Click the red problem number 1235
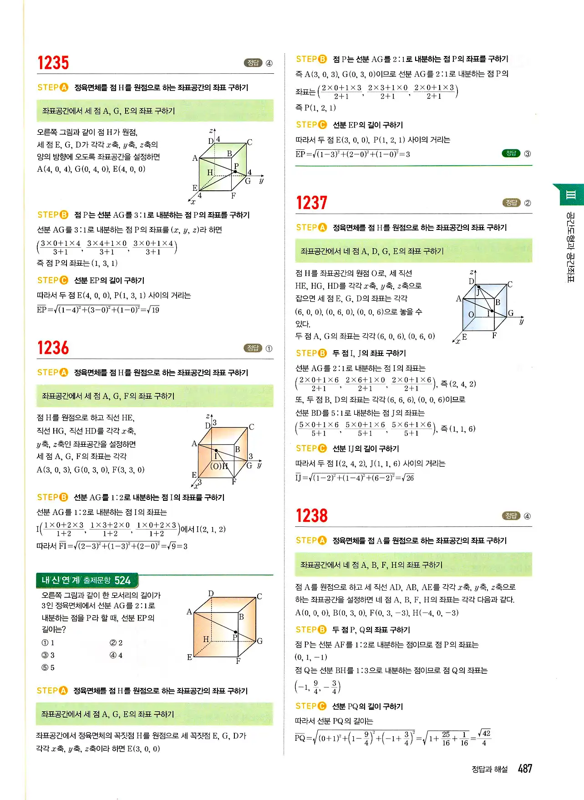(53, 63)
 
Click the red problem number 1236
(53, 348)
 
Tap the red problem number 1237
(312, 203)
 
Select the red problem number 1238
(312, 516)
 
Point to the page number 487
(525, 769)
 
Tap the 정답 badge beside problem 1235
(253, 63)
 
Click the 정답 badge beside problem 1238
(511, 516)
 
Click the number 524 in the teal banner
(122, 581)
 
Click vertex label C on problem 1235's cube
(249, 143)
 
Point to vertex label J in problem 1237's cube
(478, 293)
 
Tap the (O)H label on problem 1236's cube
(219, 466)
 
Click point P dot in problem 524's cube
(235, 632)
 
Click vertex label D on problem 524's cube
(211, 593)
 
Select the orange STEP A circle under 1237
(323, 227)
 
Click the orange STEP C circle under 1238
(322, 706)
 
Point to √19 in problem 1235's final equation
(154, 310)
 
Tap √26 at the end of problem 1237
(408, 478)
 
